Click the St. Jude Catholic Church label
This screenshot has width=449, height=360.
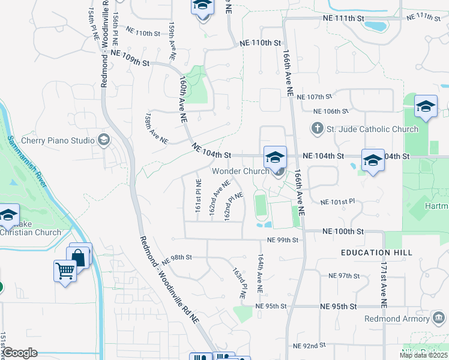(372, 129)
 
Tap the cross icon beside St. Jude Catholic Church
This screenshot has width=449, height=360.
(318, 128)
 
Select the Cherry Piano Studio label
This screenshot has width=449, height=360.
(58, 140)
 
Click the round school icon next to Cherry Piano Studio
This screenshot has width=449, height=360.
(103, 140)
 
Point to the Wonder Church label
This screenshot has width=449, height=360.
(240, 171)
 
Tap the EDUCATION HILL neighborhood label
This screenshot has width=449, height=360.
(376, 253)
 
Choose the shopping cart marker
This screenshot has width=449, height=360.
(65, 269)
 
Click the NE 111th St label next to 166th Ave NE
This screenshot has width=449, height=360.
(344, 19)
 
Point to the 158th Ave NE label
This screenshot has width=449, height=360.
(155, 128)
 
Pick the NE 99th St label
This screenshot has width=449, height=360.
(283, 240)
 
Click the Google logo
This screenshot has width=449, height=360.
(20, 353)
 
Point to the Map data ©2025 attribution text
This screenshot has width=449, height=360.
(423, 355)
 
